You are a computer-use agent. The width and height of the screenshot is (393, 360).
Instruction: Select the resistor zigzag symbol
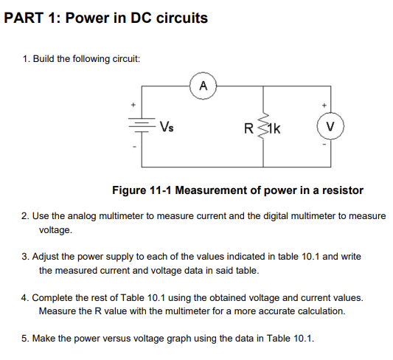coord(263,126)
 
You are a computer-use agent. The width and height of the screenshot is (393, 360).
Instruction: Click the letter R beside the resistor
coord(249,127)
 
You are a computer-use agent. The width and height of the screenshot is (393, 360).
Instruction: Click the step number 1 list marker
coord(26,59)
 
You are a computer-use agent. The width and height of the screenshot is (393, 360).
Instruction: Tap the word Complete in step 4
coord(59,297)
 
